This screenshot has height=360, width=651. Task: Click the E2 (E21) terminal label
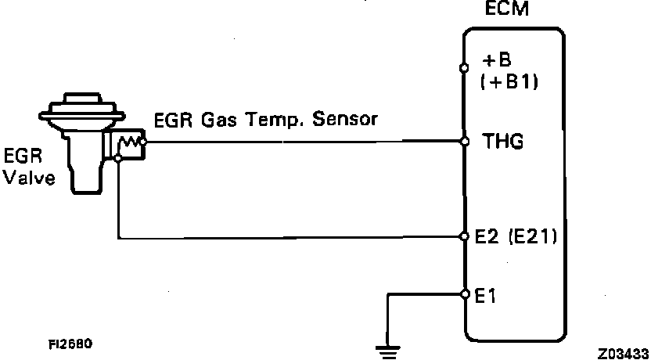point(516,236)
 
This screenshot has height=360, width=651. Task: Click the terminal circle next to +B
point(464,68)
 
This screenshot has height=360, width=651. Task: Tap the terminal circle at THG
point(464,142)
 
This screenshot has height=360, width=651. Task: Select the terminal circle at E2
point(464,236)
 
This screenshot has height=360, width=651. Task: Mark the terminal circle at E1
point(464,295)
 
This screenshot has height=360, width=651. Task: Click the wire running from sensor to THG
point(305,142)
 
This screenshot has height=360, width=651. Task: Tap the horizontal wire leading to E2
point(290,236)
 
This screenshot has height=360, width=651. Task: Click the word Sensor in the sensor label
point(345,120)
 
